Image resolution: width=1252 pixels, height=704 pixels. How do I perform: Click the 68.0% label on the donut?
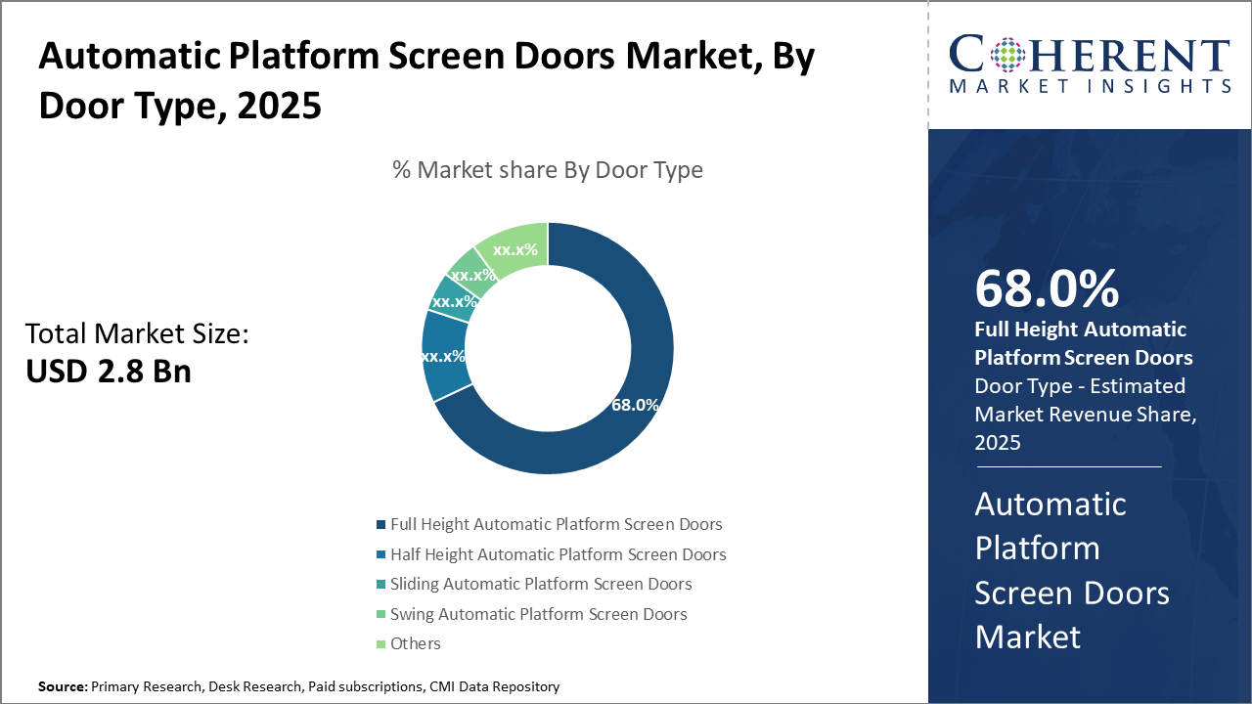pyautogui.click(x=635, y=405)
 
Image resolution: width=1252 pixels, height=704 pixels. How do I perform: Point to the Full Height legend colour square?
pyautogui.click(x=380, y=525)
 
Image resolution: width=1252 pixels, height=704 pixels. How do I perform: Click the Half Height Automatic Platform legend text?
pyautogui.click(x=558, y=554)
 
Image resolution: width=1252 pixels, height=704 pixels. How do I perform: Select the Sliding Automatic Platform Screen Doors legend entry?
pyautogui.click(x=541, y=584)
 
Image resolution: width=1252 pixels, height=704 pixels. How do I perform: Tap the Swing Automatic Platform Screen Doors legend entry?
pyautogui.click(x=538, y=614)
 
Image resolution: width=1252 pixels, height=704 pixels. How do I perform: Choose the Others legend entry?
pyautogui.click(x=415, y=643)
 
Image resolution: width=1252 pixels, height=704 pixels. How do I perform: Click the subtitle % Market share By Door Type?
pyautogui.click(x=548, y=170)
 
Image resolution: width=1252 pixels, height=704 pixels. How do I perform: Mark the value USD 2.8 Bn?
pyautogui.click(x=108, y=371)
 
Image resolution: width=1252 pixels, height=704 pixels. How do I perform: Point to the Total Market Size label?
pyautogui.click(x=137, y=334)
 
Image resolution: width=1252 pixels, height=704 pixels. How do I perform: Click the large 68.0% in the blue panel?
pyautogui.click(x=1047, y=288)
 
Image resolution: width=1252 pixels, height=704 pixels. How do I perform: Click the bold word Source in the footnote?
pyautogui.click(x=63, y=687)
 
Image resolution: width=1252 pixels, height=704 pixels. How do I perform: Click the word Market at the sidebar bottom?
pyautogui.click(x=1027, y=637)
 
